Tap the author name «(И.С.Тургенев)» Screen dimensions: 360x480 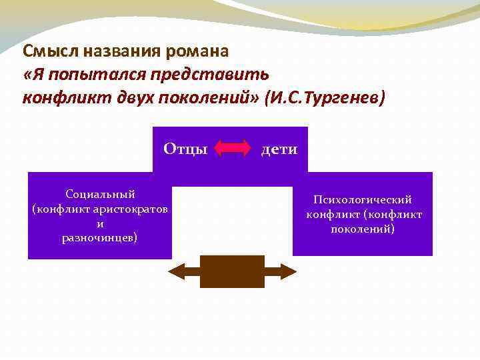325,98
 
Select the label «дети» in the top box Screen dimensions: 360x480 279,149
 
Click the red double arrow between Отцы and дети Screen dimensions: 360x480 233,148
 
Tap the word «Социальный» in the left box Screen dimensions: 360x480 100,194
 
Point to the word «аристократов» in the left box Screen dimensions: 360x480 131,209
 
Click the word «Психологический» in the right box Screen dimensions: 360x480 363,199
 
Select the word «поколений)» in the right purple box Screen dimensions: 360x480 363,229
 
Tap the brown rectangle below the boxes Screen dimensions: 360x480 232,271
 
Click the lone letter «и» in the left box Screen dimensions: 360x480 100,223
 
